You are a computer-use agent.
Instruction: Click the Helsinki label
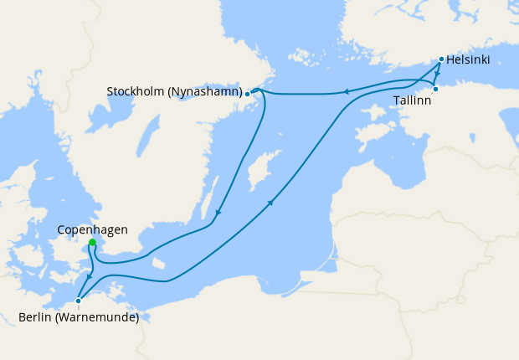coord(468,60)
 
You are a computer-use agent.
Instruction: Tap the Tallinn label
coord(413,100)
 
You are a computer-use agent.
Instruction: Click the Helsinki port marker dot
coord(441,59)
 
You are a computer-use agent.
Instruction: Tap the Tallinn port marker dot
coord(435,89)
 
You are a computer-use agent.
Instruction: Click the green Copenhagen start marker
coord(92,243)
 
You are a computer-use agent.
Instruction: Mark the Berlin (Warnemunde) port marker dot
coord(78,301)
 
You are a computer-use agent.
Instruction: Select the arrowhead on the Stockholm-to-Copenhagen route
coord(218,213)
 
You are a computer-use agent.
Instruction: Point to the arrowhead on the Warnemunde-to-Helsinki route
coord(270,202)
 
